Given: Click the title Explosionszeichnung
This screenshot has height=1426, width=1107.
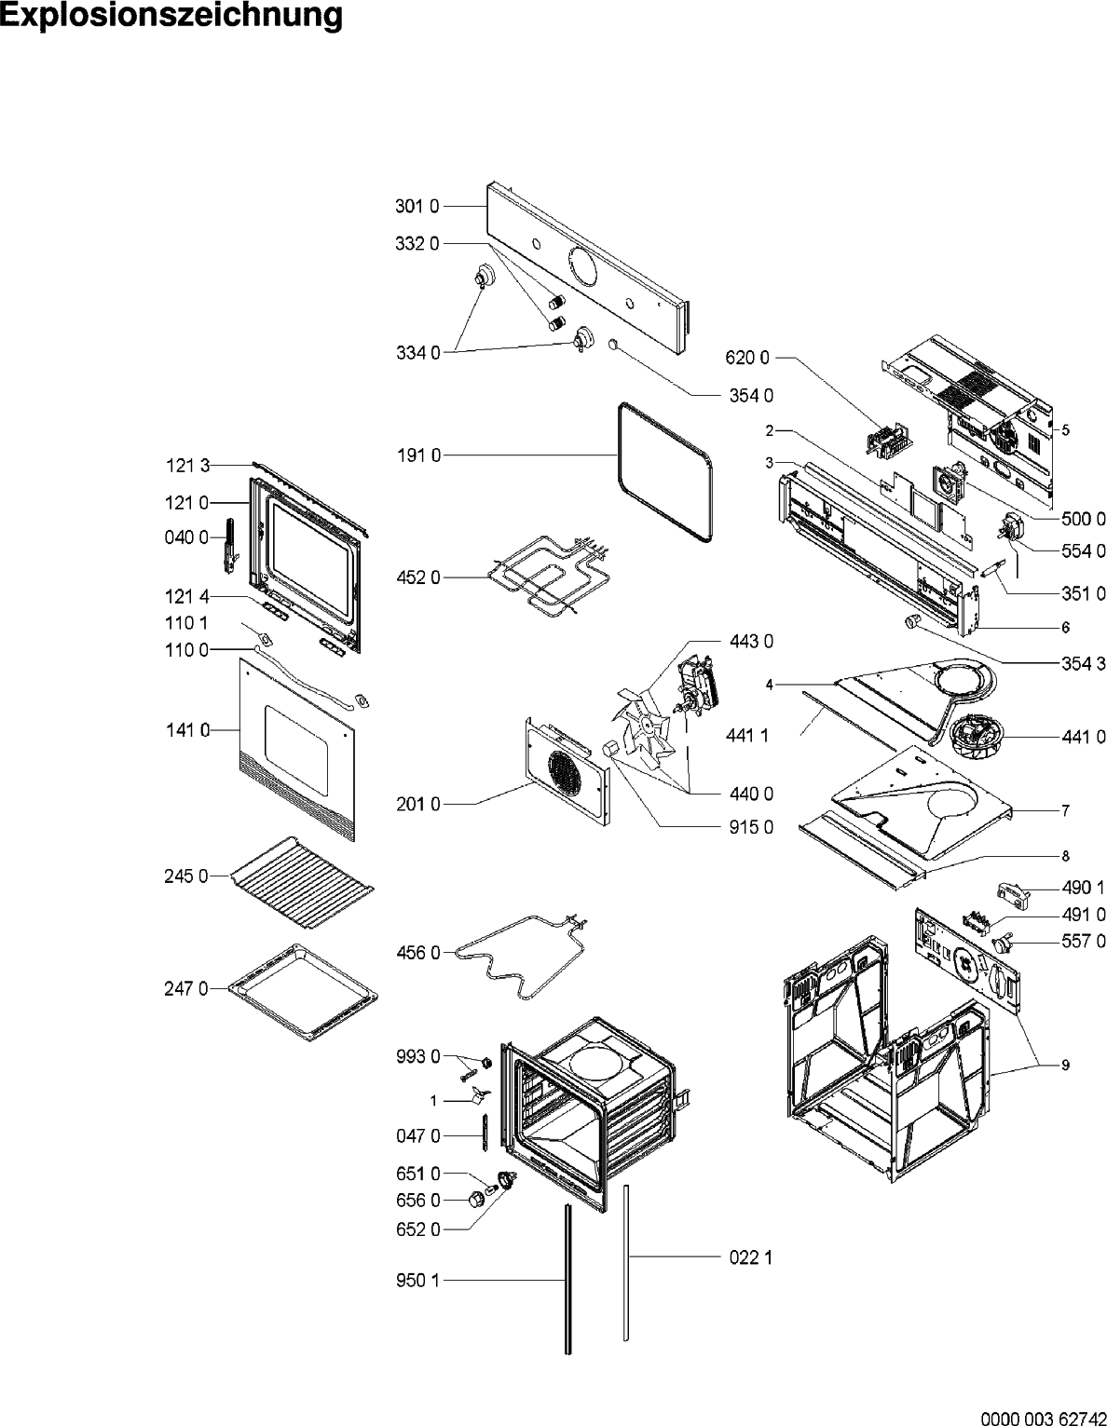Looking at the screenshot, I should click(171, 17).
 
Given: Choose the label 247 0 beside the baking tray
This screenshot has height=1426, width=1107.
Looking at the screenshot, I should click(186, 988).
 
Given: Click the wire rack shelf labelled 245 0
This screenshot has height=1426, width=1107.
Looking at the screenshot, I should click(302, 881).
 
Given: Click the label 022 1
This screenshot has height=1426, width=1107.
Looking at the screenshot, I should click(749, 1257).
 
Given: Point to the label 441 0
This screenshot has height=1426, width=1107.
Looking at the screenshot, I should click(1083, 737).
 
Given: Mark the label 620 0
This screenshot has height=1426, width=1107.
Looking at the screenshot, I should click(747, 357).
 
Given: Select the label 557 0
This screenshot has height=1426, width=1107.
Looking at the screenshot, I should click(1083, 942).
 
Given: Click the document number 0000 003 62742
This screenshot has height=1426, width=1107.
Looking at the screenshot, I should click(1040, 1417).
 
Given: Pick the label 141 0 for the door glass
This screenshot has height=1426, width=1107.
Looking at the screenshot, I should click(186, 730).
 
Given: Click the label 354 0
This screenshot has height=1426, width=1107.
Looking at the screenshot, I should click(750, 395).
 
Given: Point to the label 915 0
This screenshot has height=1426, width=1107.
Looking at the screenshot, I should click(750, 826).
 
